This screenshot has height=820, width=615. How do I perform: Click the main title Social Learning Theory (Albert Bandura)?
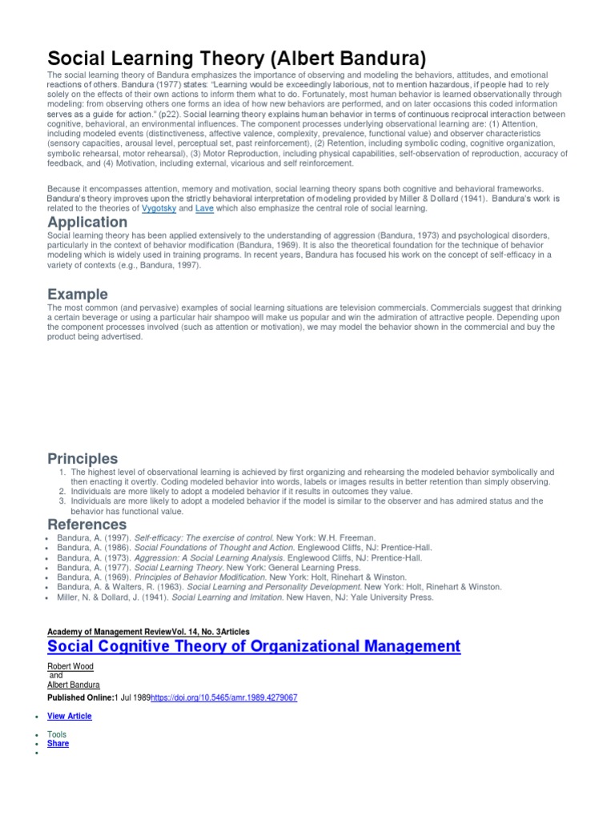tap(237, 58)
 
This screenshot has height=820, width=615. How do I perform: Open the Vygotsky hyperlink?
tap(159, 208)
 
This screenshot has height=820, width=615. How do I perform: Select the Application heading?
tap(87, 222)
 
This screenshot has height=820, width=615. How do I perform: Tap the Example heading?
tap(78, 295)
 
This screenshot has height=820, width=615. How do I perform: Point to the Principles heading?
tap(82, 459)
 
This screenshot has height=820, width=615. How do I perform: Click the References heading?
tap(87, 525)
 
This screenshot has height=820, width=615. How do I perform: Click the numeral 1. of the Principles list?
tap(63, 472)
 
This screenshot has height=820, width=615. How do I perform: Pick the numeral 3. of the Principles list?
tap(63, 501)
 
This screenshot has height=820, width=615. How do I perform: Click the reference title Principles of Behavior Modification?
tap(199, 577)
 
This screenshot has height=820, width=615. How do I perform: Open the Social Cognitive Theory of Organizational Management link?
tap(254, 646)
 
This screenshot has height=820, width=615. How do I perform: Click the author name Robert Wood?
tap(70, 666)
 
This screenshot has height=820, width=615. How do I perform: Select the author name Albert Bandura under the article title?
tap(74, 685)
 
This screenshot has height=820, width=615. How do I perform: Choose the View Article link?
tap(70, 716)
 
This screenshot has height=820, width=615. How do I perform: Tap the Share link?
tap(58, 743)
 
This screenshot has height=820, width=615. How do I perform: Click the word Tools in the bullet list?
tap(57, 734)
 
